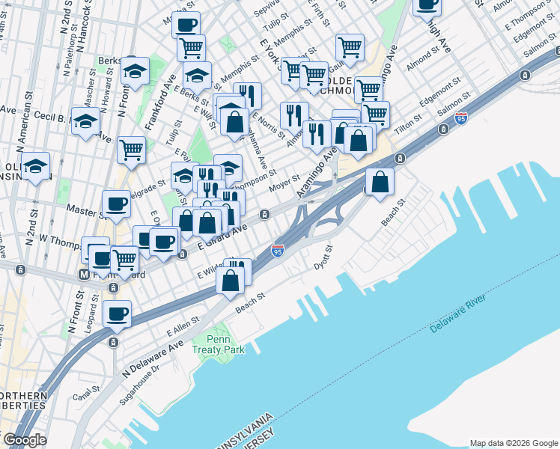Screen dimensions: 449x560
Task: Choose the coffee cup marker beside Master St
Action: click(x=116, y=204)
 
